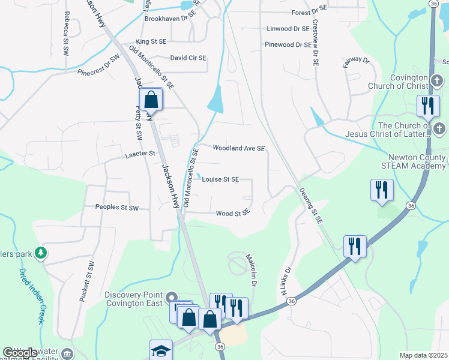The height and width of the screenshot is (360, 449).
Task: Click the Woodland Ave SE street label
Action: [238, 148]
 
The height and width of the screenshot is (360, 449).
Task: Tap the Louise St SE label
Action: [220, 179]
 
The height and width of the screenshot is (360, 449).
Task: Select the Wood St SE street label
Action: [232, 213]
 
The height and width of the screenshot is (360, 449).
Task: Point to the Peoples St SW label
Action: [117, 208]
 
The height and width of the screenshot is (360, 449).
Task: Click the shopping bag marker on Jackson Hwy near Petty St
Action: [151, 100]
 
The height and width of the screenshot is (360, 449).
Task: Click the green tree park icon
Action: [41, 253]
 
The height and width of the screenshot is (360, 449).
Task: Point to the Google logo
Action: [20, 353]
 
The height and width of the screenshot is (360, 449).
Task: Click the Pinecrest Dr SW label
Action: [98, 65]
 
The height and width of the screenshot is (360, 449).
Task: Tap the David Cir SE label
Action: [188, 58]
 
